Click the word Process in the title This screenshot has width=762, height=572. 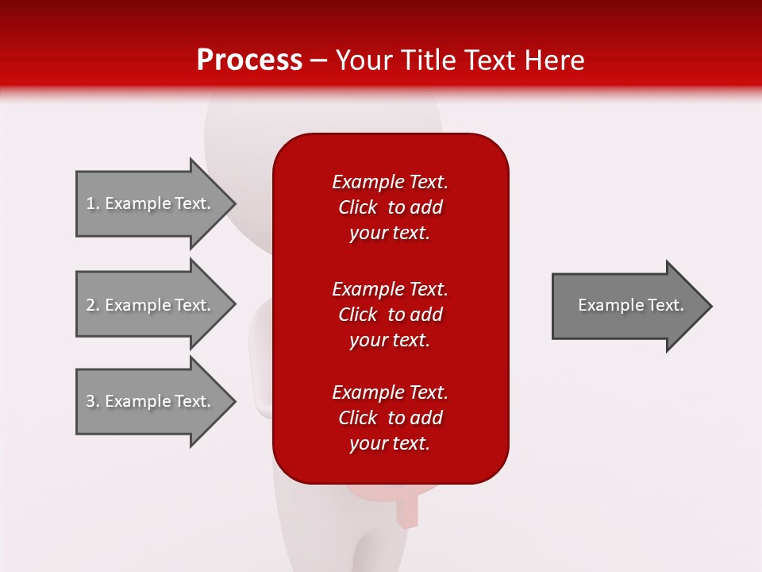click(x=249, y=60)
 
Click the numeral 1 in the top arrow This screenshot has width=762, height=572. click(x=90, y=203)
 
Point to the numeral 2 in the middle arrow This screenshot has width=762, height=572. click(x=90, y=305)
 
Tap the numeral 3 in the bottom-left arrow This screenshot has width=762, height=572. click(x=90, y=401)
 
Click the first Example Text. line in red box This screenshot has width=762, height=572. click(x=390, y=182)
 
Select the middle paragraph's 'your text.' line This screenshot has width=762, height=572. click(x=390, y=340)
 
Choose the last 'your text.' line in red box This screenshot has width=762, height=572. click(x=390, y=443)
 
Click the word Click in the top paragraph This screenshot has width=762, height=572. click(x=358, y=207)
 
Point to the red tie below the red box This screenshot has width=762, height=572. click(x=406, y=508)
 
